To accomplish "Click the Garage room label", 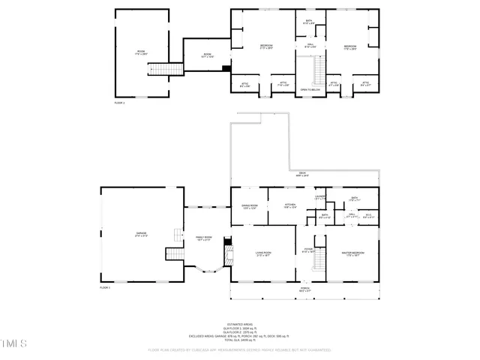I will pyautogui.click(x=141, y=234).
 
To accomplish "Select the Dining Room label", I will pyautogui.click(x=249, y=205).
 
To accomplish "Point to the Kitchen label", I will pyautogui.click(x=291, y=205).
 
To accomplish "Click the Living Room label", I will pyautogui.click(x=263, y=253).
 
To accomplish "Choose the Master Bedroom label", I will pyautogui.click(x=353, y=253).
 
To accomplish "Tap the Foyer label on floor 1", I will pyautogui.click(x=308, y=250).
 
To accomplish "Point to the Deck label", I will pyautogui.click(x=302, y=174).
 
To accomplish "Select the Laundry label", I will pyautogui.click(x=319, y=197).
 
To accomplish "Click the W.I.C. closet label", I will pyautogui.click(x=368, y=214).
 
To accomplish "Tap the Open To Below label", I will pyautogui.click(x=310, y=89).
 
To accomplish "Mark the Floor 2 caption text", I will pyautogui.click(x=120, y=102).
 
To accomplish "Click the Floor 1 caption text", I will pyautogui.click(x=105, y=288).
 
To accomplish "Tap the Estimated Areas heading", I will pyautogui.click(x=240, y=324).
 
